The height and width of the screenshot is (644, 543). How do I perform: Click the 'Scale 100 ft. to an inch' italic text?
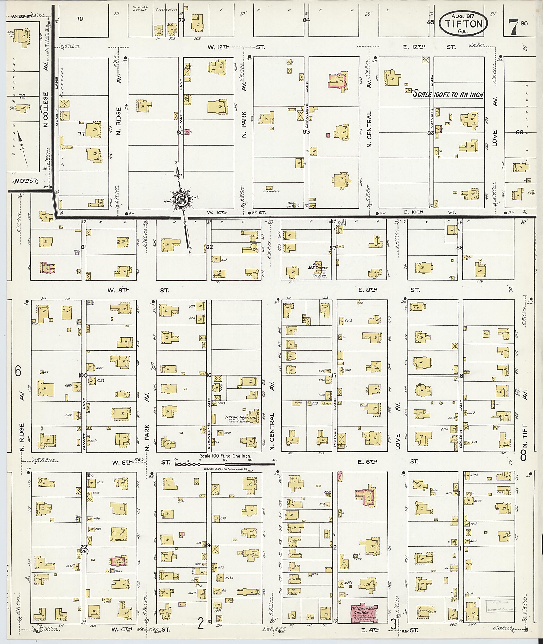click(448, 94)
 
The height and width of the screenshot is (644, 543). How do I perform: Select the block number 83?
click(306, 132)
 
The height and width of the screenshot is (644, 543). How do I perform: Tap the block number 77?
click(81, 134)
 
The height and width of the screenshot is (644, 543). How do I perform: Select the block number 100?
click(83, 375)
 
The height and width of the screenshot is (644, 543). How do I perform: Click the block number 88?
click(460, 247)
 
